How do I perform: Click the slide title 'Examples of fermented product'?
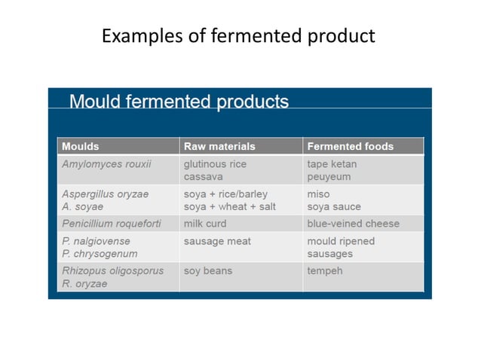(x=238, y=36)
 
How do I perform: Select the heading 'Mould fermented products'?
(x=179, y=102)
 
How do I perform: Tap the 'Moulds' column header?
(x=81, y=146)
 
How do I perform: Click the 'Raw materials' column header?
(x=219, y=146)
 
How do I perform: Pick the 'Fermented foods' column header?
(x=350, y=146)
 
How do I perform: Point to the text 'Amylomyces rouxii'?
(x=106, y=163)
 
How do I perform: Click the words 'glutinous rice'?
(x=215, y=163)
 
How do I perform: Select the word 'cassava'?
(x=204, y=177)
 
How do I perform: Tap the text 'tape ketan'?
(x=332, y=163)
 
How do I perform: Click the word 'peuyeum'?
(x=329, y=177)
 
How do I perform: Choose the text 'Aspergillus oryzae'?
(x=106, y=194)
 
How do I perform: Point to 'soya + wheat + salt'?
(x=230, y=206)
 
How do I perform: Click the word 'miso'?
(x=318, y=194)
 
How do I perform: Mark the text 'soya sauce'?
(x=334, y=206)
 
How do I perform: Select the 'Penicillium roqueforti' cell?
(x=112, y=224)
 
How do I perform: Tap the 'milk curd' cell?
(x=205, y=224)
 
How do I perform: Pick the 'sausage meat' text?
(x=217, y=241)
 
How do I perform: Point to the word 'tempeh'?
(x=325, y=270)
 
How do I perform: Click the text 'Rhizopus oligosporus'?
(x=113, y=270)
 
